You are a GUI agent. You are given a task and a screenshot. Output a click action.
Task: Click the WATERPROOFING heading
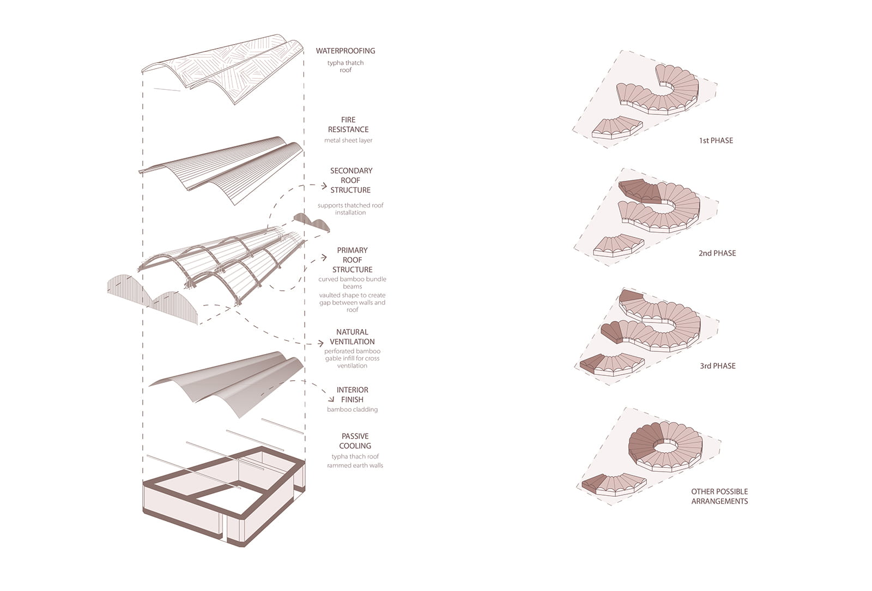[x=346, y=51]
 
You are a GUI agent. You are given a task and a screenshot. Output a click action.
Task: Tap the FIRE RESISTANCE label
[x=348, y=125]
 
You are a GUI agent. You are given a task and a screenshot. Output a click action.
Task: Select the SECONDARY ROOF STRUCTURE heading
[x=351, y=180]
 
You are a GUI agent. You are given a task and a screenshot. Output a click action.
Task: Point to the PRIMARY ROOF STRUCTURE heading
[x=352, y=260]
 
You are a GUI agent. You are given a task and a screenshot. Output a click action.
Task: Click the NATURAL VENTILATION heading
[x=352, y=337]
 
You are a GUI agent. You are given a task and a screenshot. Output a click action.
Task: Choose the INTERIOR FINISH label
[x=352, y=394]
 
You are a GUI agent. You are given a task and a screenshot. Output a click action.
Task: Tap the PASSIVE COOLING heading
[x=355, y=441]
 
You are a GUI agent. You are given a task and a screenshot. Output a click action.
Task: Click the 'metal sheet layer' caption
[x=348, y=141]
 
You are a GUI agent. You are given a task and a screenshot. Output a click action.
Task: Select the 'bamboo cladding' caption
[x=352, y=410]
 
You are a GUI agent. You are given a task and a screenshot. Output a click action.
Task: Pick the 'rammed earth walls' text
[x=355, y=466]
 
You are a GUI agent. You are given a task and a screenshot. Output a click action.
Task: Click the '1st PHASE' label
[x=716, y=141]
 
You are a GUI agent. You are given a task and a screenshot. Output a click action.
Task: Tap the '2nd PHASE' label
[x=717, y=253]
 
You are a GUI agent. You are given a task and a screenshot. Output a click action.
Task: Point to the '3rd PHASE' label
[x=717, y=366]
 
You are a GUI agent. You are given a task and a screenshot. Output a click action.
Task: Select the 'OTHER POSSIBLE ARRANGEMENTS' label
[x=719, y=496]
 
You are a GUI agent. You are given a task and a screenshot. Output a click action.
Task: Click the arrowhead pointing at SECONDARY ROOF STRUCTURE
[x=324, y=186]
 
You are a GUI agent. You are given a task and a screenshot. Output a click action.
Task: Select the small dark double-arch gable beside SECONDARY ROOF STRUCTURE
[x=311, y=222]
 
